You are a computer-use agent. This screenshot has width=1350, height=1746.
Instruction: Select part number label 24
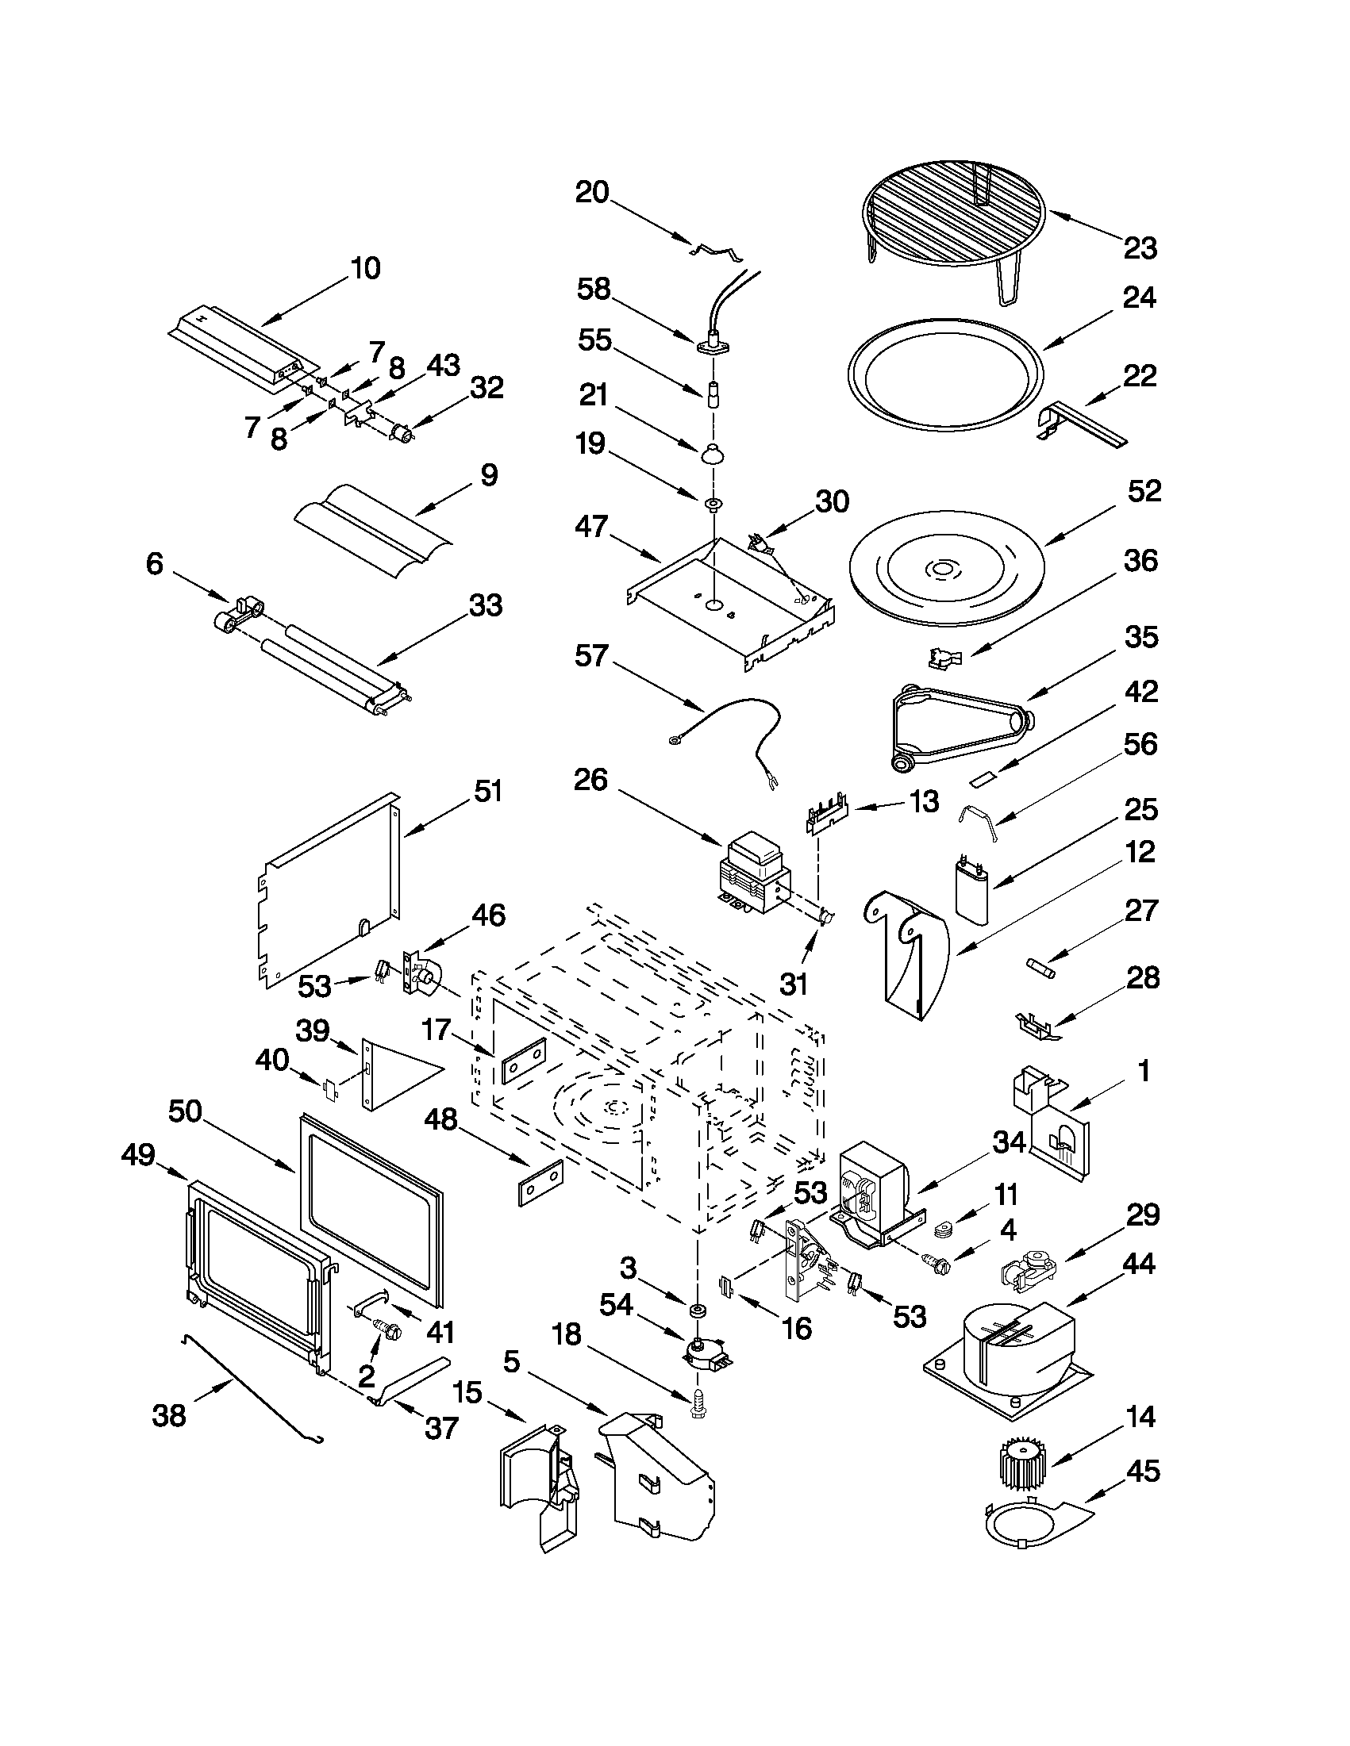click(1139, 298)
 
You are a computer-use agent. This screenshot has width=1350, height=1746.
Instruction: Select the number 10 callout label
click(365, 269)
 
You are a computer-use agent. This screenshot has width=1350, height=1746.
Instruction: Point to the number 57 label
click(592, 657)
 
